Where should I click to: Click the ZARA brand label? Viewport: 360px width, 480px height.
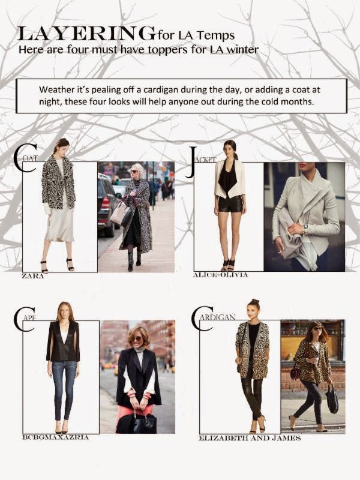pos(33,276)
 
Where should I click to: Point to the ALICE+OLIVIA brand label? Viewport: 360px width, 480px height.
pos(220,275)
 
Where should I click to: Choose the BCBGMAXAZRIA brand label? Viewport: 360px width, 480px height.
pos(55,437)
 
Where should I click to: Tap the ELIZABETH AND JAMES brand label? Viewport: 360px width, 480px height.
pos(250,438)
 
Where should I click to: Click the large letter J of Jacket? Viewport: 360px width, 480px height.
pos(191,163)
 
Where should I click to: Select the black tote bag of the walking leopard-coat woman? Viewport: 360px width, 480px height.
pos(332,400)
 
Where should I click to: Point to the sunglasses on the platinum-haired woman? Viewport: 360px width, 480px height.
pos(134,172)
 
